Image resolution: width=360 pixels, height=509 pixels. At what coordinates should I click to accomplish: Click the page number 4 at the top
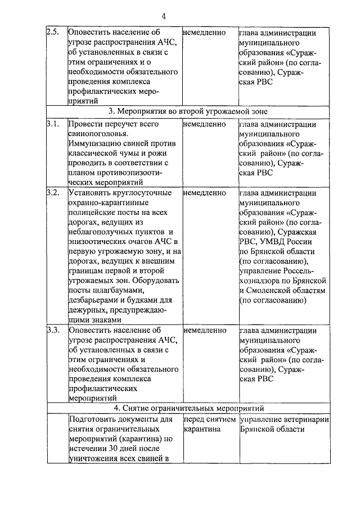point(179,15)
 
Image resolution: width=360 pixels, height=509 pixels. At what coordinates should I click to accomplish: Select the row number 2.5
point(52,32)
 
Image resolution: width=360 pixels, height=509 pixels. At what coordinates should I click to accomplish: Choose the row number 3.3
point(53,330)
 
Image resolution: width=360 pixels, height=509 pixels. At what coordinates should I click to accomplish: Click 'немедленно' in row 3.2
point(205,192)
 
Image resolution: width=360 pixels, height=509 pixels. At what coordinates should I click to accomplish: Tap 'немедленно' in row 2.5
point(205,32)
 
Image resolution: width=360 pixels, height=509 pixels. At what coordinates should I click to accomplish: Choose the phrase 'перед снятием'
point(209,420)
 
